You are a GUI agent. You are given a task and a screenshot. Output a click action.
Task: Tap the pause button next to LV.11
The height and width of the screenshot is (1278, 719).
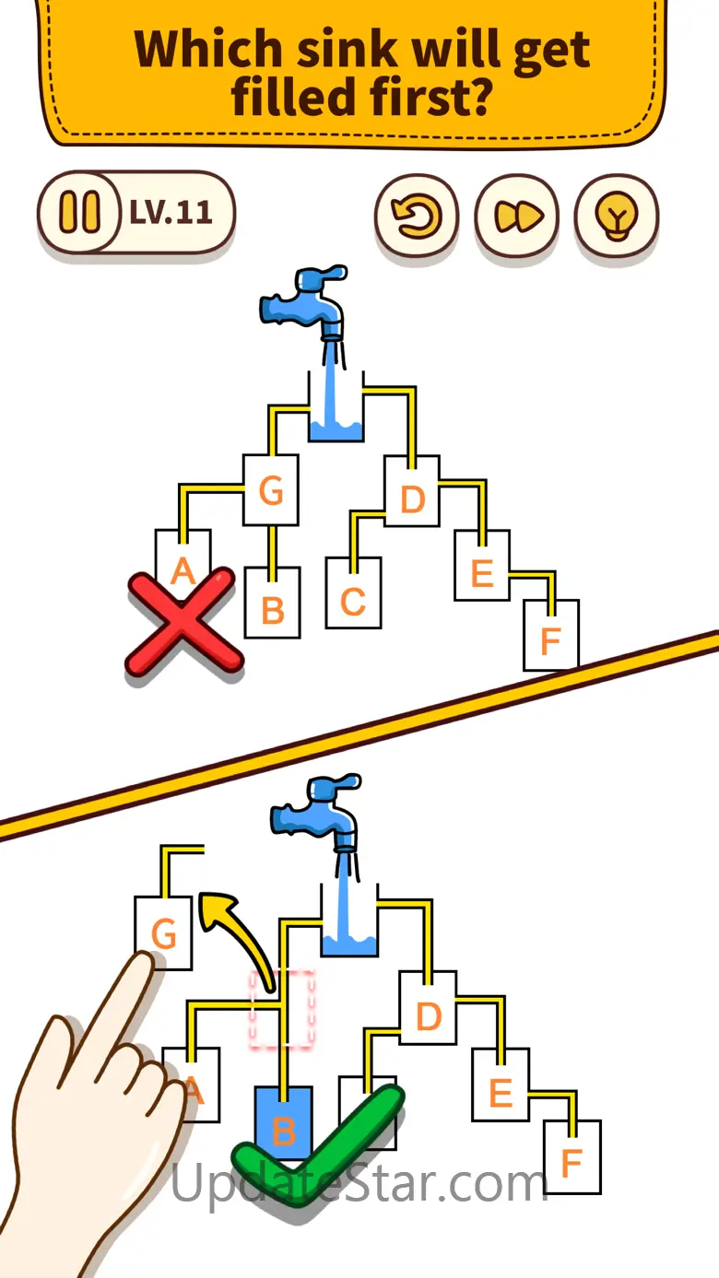coord(78,213)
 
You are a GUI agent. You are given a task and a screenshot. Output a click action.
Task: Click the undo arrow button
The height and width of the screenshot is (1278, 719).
coord(416,216)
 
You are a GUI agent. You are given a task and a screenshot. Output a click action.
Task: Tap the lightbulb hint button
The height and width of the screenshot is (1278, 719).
coord(616,216)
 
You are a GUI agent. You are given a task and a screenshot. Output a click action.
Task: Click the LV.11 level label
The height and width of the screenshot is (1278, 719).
coord(171,213)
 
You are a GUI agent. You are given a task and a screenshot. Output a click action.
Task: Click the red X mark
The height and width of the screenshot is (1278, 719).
coord(184,625)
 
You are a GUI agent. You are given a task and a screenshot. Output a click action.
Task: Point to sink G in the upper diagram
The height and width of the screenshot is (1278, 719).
coord(271,490)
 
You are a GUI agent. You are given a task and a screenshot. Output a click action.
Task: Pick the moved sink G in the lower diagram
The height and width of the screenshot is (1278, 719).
coord(163,933)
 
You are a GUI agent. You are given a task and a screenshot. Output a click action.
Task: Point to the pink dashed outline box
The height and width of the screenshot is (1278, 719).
coord(282,1009)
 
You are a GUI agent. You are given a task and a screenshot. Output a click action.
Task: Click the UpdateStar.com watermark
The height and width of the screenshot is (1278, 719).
coord(359,1182)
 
